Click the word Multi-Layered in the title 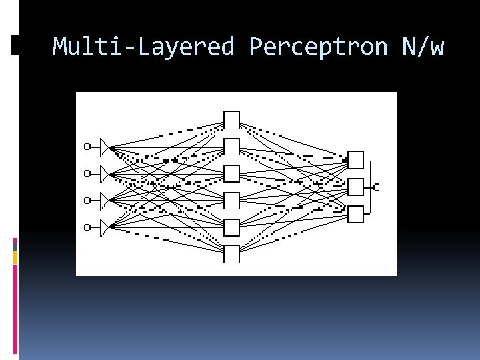coord(143,47)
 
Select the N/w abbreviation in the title coord(423,47)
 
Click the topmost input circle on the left coord(87,147)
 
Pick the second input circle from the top coord(87,174)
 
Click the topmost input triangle coord(104,147)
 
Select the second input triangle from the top coord(104,174)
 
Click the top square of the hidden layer coord(231,119)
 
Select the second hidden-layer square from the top coord(231,146)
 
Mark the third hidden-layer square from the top coord(231,173)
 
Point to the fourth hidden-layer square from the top coord(231,200)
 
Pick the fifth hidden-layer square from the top coord(231,227)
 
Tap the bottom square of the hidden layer coord(231,254)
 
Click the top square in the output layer coord(356,160)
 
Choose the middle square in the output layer coord(356,187)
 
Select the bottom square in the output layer coord(356,214)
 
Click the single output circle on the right coord(377,187)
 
